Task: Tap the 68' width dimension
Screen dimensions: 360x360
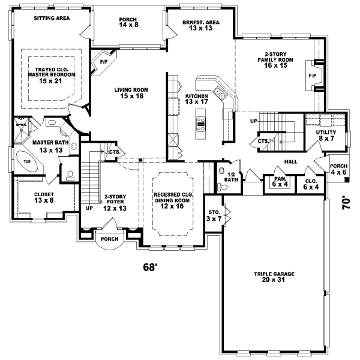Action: [150, 267]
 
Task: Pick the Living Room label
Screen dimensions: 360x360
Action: [131, 93]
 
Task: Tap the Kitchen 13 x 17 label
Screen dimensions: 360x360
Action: [197, 99]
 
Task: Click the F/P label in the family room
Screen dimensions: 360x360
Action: [312, 76]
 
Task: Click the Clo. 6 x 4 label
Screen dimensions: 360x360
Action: [311, 183]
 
